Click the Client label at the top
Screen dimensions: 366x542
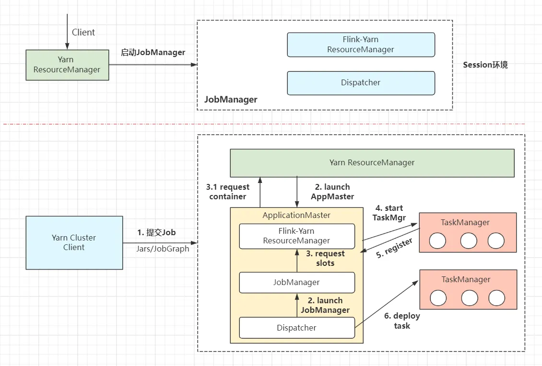point(83,33)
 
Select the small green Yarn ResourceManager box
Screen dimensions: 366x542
point(67,65)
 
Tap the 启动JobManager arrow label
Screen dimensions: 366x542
point(153,53)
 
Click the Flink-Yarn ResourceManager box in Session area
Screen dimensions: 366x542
point(361,45)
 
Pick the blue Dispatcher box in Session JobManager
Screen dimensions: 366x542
point(361,83)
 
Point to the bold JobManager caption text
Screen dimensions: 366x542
point(231,100)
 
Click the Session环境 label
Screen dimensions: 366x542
point(485,65)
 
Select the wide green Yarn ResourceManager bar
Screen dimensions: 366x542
point(372,163)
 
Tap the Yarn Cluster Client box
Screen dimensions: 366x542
point(74,242)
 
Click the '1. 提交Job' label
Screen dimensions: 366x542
point(156,233)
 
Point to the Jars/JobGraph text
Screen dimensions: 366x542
point(163,249)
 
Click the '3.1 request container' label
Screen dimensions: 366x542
point(228,192)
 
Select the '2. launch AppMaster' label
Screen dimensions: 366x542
point(332,192)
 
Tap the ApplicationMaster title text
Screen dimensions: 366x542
point(296,216)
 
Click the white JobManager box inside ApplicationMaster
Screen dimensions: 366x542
point(296,283)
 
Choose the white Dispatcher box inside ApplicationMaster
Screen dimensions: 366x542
point(296,328)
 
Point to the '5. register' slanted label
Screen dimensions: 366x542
point(394,249)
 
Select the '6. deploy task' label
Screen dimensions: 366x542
point(401,321)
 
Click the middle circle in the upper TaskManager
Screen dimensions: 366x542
point(468,241)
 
